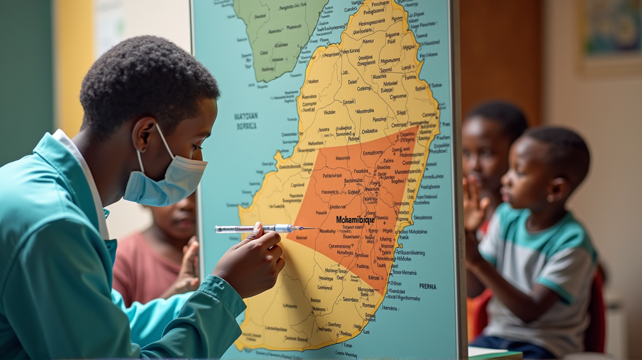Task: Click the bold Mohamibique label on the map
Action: pos(355,220)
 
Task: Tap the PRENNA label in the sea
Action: pos(428,286)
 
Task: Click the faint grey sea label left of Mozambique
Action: pos(245,121)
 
